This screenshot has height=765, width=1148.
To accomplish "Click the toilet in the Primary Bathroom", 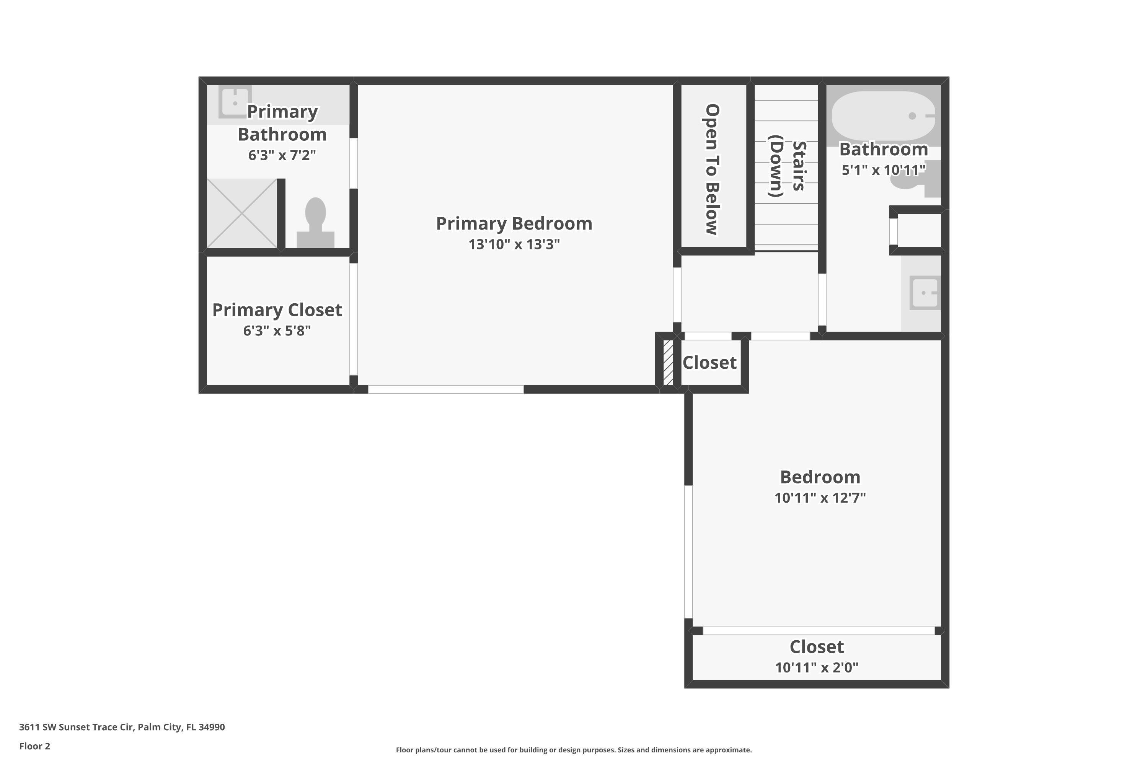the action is pyautogui.click(x=315, y=223).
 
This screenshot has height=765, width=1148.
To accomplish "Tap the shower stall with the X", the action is pyautogui.click(x=242, y=213).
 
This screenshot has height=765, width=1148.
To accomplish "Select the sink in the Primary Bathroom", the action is pyautogui.click(x=235, y=102).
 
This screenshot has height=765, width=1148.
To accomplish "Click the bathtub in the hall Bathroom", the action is pyautogui.click(x=884, y=116).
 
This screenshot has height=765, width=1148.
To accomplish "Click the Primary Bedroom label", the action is pyautogui.click(x=514, y=223).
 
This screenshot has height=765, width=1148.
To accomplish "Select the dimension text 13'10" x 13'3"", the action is pyautogui.click(x=514, y=244).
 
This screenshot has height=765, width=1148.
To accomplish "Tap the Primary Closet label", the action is pyautogui.click(x=277, y=310).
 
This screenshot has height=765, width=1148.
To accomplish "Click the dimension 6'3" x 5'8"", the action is pyautogui.click(x=277, y=331).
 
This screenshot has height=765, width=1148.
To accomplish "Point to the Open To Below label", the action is pyautogui.click(x=712, y=169).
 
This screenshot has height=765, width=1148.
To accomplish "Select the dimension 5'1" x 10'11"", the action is pyautogui.click(x=884, y=170).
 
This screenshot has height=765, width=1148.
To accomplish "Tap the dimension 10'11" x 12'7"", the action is pyautogui.click(x=820, y=498).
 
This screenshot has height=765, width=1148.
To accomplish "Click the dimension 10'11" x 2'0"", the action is pyautogui.click(x=817, y=667).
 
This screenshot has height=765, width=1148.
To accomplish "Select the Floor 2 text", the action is pyautogui.click(x=35, y=746).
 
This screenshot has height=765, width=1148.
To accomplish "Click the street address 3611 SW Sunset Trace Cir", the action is pyautogui.click(x=76, y=727).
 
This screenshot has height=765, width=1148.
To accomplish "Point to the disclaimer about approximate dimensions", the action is pyautogui.click(x=574, y=750).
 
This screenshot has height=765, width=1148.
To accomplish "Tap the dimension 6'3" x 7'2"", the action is pyautogui.click(x=282, y=155).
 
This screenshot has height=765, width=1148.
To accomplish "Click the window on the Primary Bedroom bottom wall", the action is pyautogui.click(x=446, y=389).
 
